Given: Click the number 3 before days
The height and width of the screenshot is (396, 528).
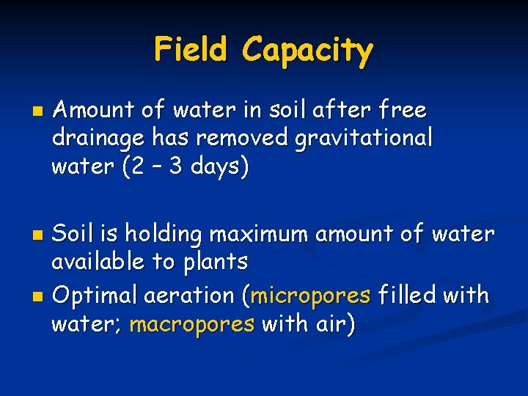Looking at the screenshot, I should point(175,167).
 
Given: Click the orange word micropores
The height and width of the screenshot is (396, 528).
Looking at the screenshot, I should point(310,296).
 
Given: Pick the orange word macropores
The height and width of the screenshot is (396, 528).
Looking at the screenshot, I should point(191,324).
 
